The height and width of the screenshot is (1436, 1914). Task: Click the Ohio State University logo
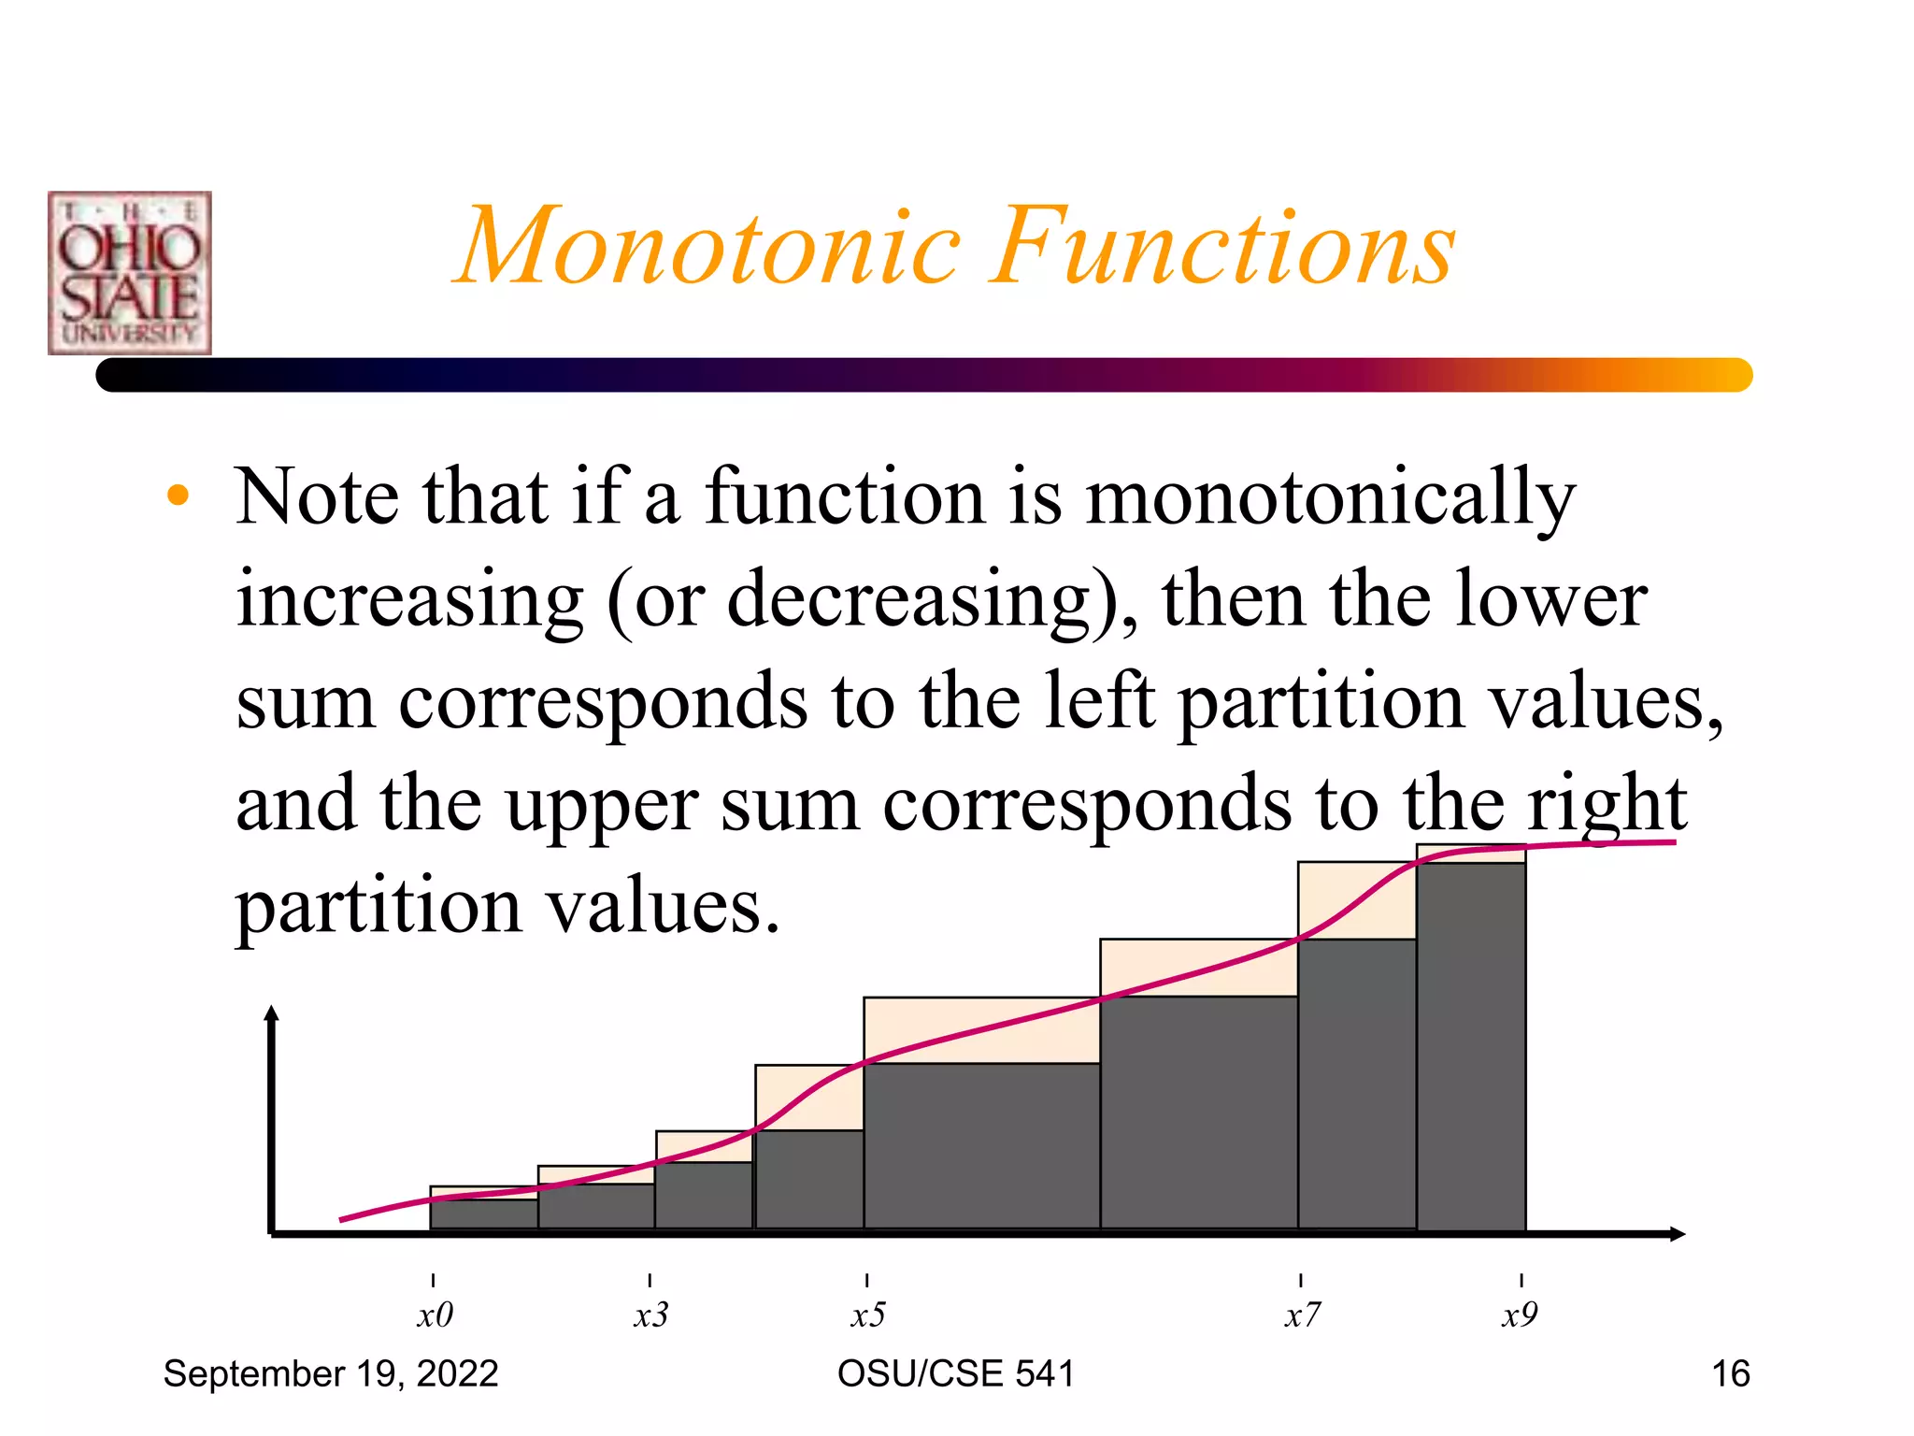click(x=130, y=273)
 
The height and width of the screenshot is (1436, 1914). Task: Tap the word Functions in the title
click(x=1223, y=247)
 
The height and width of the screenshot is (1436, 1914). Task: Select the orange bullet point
click(x=178, y=496)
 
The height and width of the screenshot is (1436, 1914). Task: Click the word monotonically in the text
click(x=1331, y=498)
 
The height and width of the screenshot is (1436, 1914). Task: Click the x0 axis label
click(x=435, y=1315)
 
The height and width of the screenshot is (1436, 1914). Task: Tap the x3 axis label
click(x=650, y=1315)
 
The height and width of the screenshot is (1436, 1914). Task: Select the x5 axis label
click(x=867, y=1315)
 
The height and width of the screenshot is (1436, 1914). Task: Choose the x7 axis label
click(x=1302, y=1315)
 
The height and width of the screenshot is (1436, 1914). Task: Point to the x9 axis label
click(x=1520, y=1315)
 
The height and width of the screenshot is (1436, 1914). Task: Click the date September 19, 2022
click(x=331, y=1374)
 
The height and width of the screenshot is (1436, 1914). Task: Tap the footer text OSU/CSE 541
click(x=955, y=1374)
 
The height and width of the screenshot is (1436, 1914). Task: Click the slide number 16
click(x=1730, y=1374)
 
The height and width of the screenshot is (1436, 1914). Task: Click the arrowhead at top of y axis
click(x=272, y=1013)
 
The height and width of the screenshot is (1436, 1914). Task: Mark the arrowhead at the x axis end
click(x=1678, y=1234)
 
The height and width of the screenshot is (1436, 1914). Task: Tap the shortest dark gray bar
click(x=484, y=1214)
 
